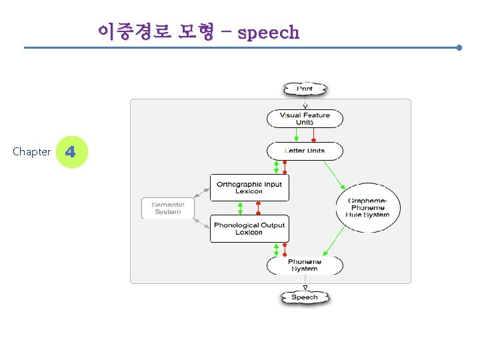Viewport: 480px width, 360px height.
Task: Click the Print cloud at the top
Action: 305,89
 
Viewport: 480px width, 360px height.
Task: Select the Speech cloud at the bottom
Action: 305,297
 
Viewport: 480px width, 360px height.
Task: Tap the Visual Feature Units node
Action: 305,119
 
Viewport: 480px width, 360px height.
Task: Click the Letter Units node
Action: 305,151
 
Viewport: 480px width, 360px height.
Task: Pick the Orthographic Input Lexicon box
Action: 249,188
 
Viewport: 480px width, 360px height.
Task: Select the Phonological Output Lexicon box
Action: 249,229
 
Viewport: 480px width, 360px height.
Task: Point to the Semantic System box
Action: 167,208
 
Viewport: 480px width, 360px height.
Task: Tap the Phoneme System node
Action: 305,265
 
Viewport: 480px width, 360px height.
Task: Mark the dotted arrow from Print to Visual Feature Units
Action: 305,102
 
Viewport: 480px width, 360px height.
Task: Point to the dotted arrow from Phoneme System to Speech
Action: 305,281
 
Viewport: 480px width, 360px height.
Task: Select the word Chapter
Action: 31,152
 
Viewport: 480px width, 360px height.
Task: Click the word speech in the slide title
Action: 268,32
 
